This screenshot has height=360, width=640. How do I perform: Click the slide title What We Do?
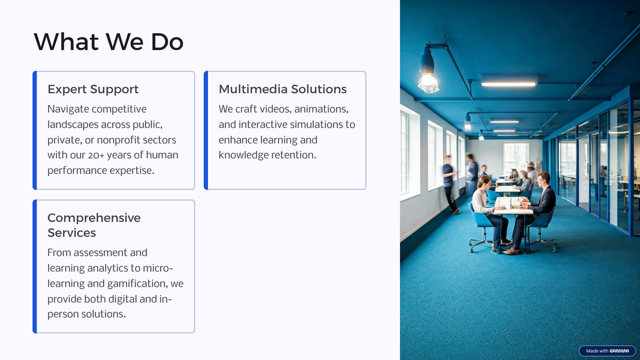[109, 41]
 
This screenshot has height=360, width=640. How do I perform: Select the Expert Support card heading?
[93, 89]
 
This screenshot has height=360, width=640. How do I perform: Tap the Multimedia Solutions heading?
[282, 89]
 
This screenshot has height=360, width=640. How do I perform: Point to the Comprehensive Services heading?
[94, 225]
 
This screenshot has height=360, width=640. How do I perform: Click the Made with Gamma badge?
[607, 351]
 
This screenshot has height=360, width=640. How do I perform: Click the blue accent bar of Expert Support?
[35, 130]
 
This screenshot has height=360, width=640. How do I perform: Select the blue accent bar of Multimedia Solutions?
[206, 130]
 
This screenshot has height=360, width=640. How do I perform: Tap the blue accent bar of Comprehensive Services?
[35, 267]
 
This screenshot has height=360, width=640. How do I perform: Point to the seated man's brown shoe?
[512, 251]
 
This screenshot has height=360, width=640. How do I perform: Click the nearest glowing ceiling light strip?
[508, 84]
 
